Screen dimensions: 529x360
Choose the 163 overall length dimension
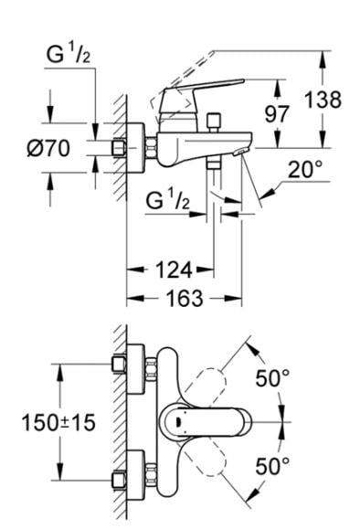pyautogui.click(x=185, y=299)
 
